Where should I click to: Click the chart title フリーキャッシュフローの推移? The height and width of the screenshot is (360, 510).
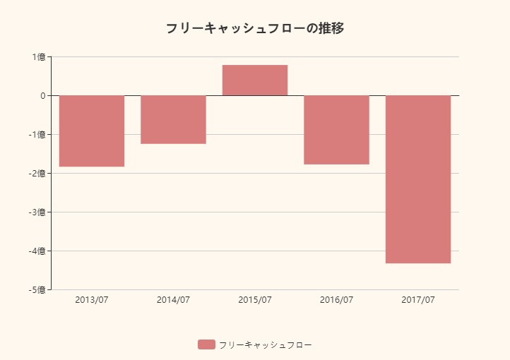(255, 29)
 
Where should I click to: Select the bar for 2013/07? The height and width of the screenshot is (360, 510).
(92, 131)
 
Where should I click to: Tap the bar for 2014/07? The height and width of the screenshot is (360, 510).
(173, 119)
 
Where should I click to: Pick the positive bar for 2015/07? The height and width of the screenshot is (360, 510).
(255, 80)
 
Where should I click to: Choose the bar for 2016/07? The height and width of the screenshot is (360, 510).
(336, 130)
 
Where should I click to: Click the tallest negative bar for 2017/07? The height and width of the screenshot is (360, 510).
(418, 179)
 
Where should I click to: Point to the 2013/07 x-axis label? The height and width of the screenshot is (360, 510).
(92, 300)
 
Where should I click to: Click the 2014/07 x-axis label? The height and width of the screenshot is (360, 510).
(173, 300)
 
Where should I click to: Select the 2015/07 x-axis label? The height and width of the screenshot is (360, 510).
(255, 300)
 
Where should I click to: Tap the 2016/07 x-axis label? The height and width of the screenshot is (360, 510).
(336, 300)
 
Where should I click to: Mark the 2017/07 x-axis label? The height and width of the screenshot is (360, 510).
(418, 300)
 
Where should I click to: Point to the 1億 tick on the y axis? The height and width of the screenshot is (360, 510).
(39, 57)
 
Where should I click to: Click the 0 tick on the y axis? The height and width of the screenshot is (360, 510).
(42, 96)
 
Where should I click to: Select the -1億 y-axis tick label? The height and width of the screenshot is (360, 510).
(37, 135)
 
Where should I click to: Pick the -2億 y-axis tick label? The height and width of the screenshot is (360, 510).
(37, 174)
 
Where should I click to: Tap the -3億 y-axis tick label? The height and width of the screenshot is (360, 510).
(37, 212)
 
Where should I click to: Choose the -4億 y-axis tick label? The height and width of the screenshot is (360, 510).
(37, 251)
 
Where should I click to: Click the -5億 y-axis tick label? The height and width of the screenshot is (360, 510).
(37, 290)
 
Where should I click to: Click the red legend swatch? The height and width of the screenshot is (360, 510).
(206, 344)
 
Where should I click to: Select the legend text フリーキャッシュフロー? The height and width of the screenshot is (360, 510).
(265, 345)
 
